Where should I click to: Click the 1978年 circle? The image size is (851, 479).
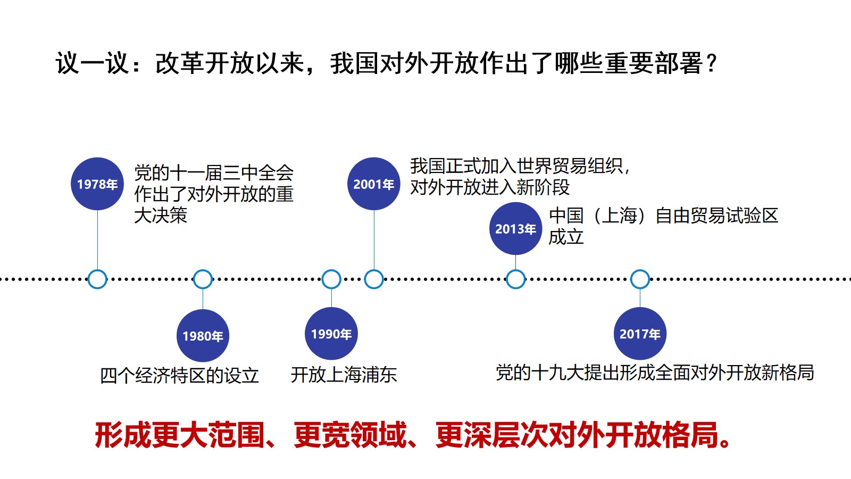click(97, 184)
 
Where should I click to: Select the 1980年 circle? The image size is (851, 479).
click(203, 336)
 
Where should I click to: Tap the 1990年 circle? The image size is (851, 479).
click(331, 334)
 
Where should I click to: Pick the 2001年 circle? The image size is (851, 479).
click(374, 184)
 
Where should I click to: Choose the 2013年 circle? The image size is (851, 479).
click(515, 228)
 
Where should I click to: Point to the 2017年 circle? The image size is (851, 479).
click(640, 334)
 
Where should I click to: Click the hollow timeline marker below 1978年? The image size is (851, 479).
click(97, 270)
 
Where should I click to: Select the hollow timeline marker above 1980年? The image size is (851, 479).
click(203, 270)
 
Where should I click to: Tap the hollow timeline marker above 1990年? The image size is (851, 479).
click(331, 270)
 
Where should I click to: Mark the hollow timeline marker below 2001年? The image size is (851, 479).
click(374, 270)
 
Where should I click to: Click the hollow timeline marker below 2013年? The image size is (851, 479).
click(515, 270)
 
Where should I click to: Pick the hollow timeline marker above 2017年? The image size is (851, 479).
click(640, 270)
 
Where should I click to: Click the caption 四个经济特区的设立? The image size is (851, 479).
click(179, 376)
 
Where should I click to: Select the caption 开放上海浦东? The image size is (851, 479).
click(344, 375)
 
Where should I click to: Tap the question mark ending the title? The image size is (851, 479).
click(712, 63)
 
